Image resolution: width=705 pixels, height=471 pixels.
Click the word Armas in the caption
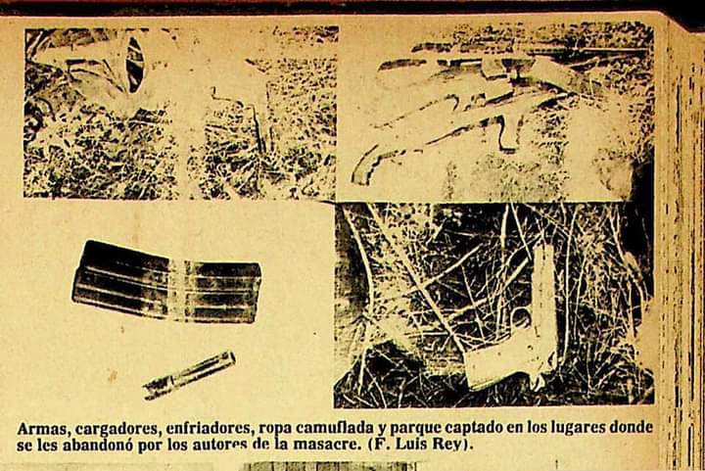(x=43, y=429)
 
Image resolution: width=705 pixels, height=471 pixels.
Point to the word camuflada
(x=335, y=428)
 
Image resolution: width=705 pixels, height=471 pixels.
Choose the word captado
(x=478, y=429)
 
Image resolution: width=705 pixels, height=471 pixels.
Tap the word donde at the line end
(x=632, y=427)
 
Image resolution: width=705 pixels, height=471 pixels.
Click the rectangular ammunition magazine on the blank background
(x=166, y=282)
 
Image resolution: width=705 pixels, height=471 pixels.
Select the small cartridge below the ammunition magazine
(x=189, y=375)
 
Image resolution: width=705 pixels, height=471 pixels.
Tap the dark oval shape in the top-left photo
(x=135, y=66)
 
